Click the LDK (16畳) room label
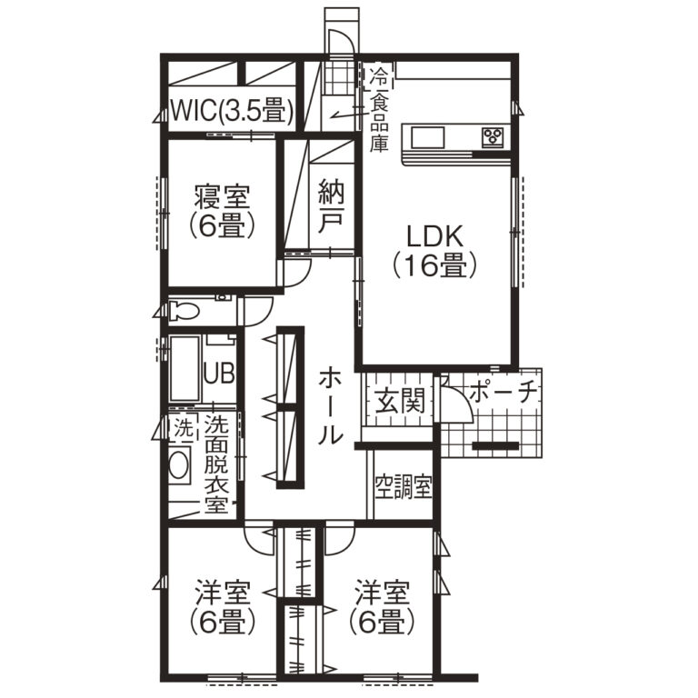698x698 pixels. coord(435,252)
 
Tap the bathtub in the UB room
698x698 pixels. coord(184,369)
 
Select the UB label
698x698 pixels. coord(218,373)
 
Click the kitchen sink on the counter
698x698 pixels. coord(427,137)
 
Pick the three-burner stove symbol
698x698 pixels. coord(493,136)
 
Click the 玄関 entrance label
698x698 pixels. coord(399,401)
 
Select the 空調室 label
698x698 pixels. coord(404,487)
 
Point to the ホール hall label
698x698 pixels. coord(330,406)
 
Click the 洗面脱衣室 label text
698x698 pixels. coord(216,464)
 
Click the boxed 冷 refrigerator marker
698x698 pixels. coord(379,77)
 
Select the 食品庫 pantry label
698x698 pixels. coord(379,122)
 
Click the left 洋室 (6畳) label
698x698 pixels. coord(222,608)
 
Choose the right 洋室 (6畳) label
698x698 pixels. coord(382,608)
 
